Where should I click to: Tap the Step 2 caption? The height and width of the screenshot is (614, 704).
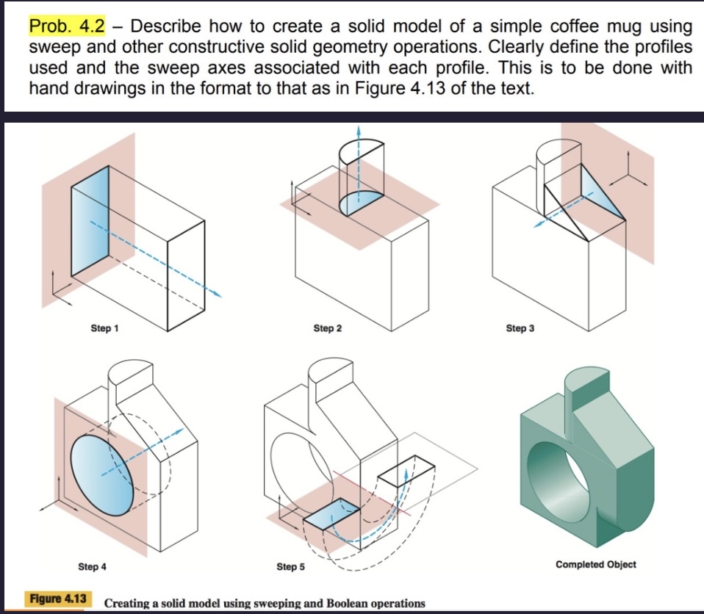click(x=328, y=328)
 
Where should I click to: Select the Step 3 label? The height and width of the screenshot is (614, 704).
click(x=520, y=328)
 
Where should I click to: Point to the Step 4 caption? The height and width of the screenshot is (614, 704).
click(x=92, y=566)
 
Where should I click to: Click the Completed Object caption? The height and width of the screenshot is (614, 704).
click(x=596, y=564)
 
